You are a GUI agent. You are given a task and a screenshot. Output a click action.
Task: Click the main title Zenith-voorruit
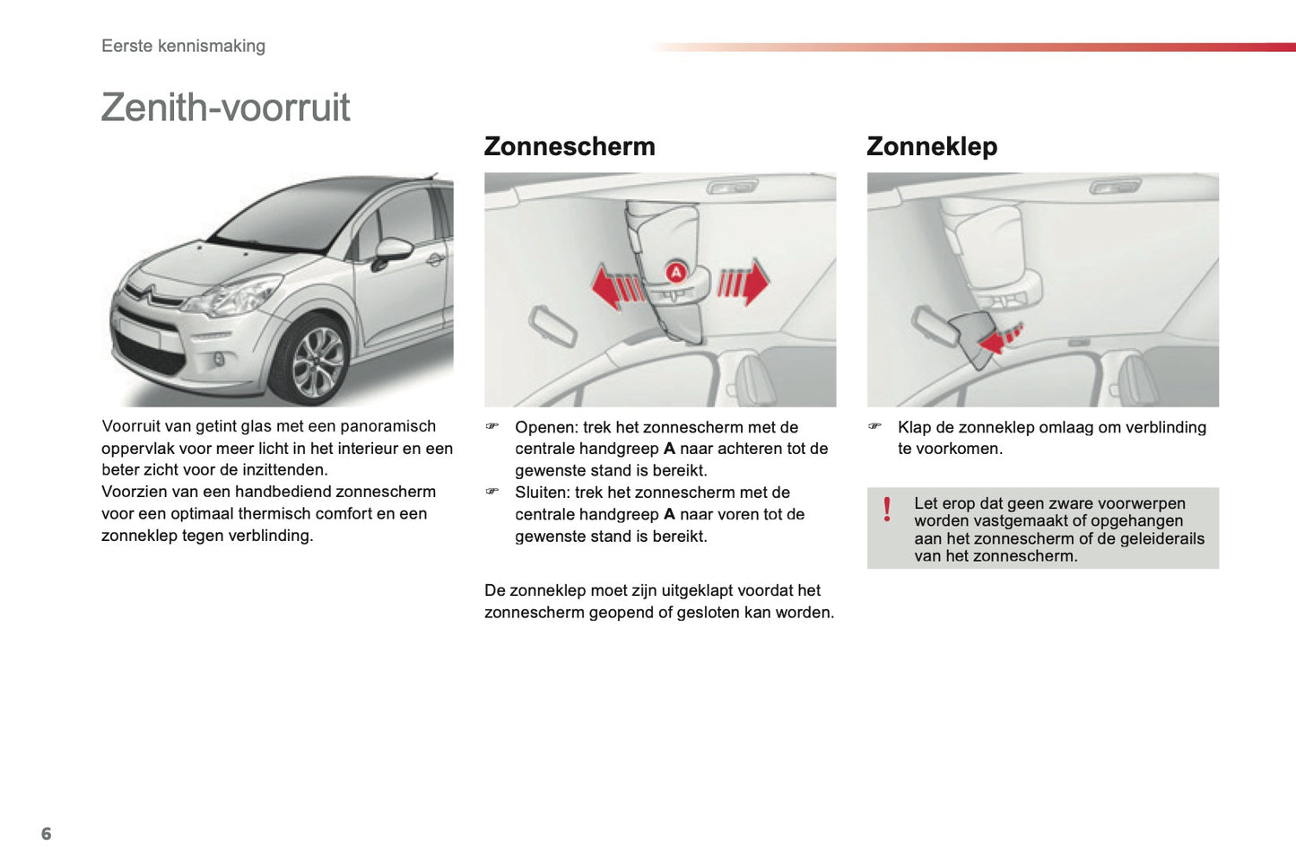click(x=225, y=108)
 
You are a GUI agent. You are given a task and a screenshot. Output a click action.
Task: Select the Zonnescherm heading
click(x=570, y=146)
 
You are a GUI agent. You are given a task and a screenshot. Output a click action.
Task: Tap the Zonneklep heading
click(x=932, y=146)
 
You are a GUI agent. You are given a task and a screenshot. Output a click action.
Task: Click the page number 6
click(x=47, y=833)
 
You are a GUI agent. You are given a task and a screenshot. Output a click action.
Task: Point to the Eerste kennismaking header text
click(x=183, y=46)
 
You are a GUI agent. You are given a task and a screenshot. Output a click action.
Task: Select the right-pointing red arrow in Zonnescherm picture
click(x=744, y=284)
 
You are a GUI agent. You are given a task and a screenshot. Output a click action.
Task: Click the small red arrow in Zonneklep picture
click(x=998, y=340)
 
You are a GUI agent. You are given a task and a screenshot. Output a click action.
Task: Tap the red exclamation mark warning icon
click(x=887, y=510)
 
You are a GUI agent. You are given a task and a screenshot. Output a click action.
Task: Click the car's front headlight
click(x=235, y=296)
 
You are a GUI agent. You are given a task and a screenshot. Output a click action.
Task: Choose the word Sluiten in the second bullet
click(x=541, y=493)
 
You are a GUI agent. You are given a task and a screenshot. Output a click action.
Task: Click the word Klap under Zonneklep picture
click(x=914, y=427)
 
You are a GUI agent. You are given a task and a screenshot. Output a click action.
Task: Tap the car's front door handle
click(x=435, y=260)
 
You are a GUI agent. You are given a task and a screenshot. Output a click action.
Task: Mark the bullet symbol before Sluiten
click(x=491, y=492)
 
